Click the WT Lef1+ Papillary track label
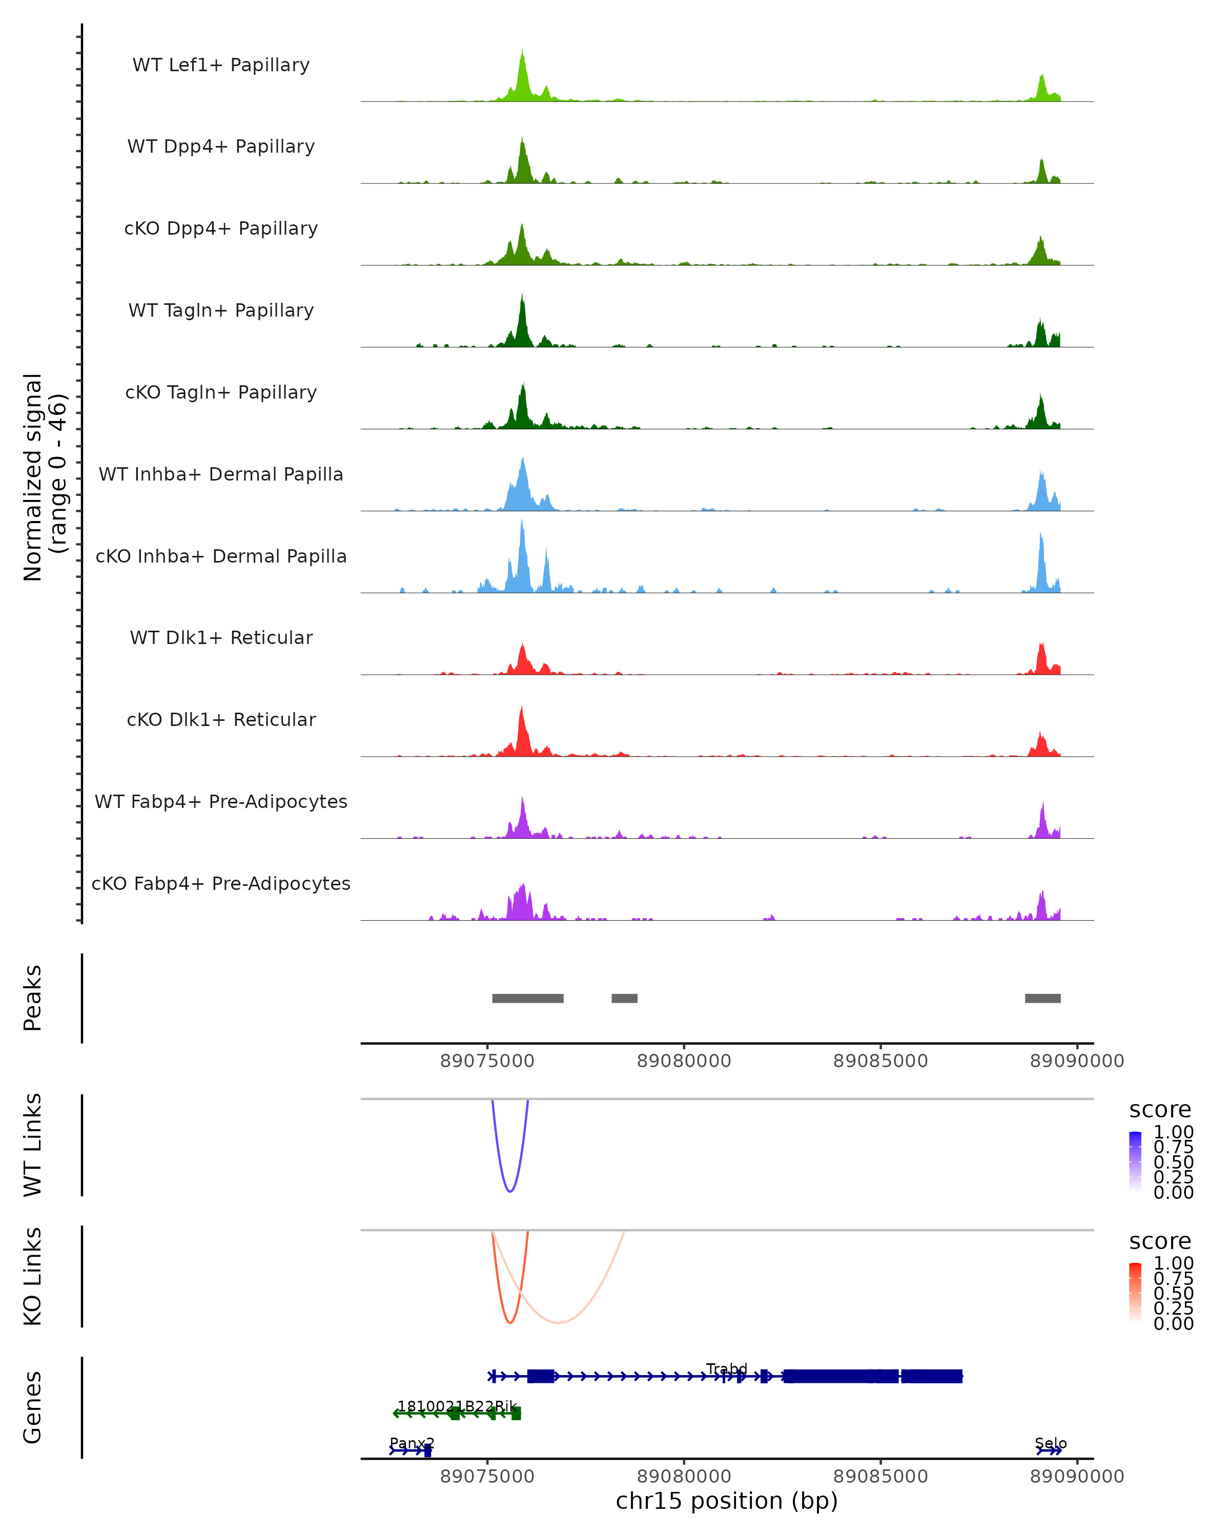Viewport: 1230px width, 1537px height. pos(221,65)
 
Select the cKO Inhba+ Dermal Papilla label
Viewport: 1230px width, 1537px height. pos(221,556)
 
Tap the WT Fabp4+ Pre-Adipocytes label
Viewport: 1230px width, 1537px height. pos(221,801)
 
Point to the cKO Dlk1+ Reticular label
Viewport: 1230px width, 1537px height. pos(221,719)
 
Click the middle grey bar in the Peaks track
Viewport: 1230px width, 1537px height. pos(625,998)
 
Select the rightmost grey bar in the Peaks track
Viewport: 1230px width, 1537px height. pos(1042,998)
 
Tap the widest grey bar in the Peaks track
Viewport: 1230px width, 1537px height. pos(528,998)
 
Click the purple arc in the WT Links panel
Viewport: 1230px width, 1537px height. pos(510,1191)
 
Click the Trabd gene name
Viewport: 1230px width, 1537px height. pos(727,1369)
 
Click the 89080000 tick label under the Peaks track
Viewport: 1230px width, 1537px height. pos(684,1061)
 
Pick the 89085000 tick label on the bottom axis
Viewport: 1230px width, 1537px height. pos(880,1477)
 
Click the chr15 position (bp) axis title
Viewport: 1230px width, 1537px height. pos(727,1501)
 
